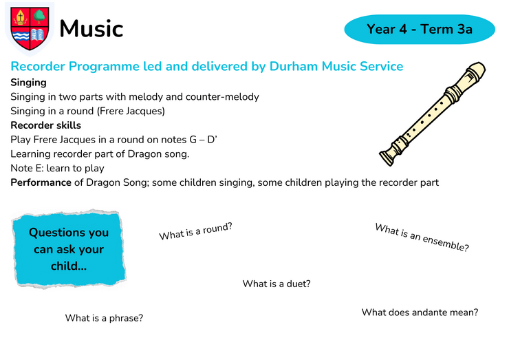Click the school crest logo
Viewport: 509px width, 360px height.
click(30, 29)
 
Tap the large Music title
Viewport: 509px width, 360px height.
click(91, 29)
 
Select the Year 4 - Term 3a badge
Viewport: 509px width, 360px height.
click(420, 29)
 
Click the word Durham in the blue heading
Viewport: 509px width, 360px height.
click(294, 66)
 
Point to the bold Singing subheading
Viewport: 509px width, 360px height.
click(29, 83)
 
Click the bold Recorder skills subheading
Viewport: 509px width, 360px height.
click(46, 125)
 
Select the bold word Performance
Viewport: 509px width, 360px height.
click(41, 182)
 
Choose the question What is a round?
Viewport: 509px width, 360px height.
click(196, 231)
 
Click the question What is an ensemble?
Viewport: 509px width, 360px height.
click(422, 237)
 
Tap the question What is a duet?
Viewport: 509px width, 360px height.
click(277, 284)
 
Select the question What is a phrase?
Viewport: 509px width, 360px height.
click(104, 318)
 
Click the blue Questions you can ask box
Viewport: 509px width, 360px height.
click(69, 249)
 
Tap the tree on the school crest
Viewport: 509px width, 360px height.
click(39, 17)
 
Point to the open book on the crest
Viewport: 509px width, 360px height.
click(37, 35)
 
